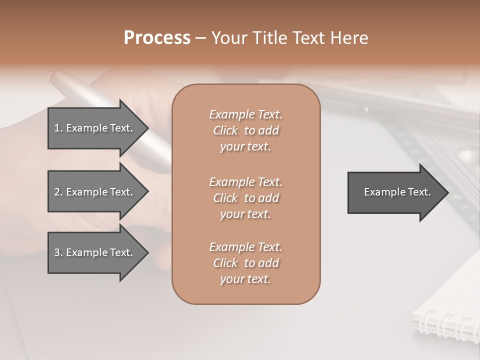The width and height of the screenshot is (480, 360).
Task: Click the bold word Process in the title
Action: click(x=157, y=38)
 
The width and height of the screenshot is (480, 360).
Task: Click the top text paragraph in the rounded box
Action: click(x=245, y=130)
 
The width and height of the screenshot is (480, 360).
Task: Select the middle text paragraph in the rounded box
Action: click(x=245, y=198)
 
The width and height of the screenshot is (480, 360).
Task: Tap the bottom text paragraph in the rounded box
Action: click(x=245, y=263)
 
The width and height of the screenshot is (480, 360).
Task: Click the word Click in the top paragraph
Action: click(x=225, y=131)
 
